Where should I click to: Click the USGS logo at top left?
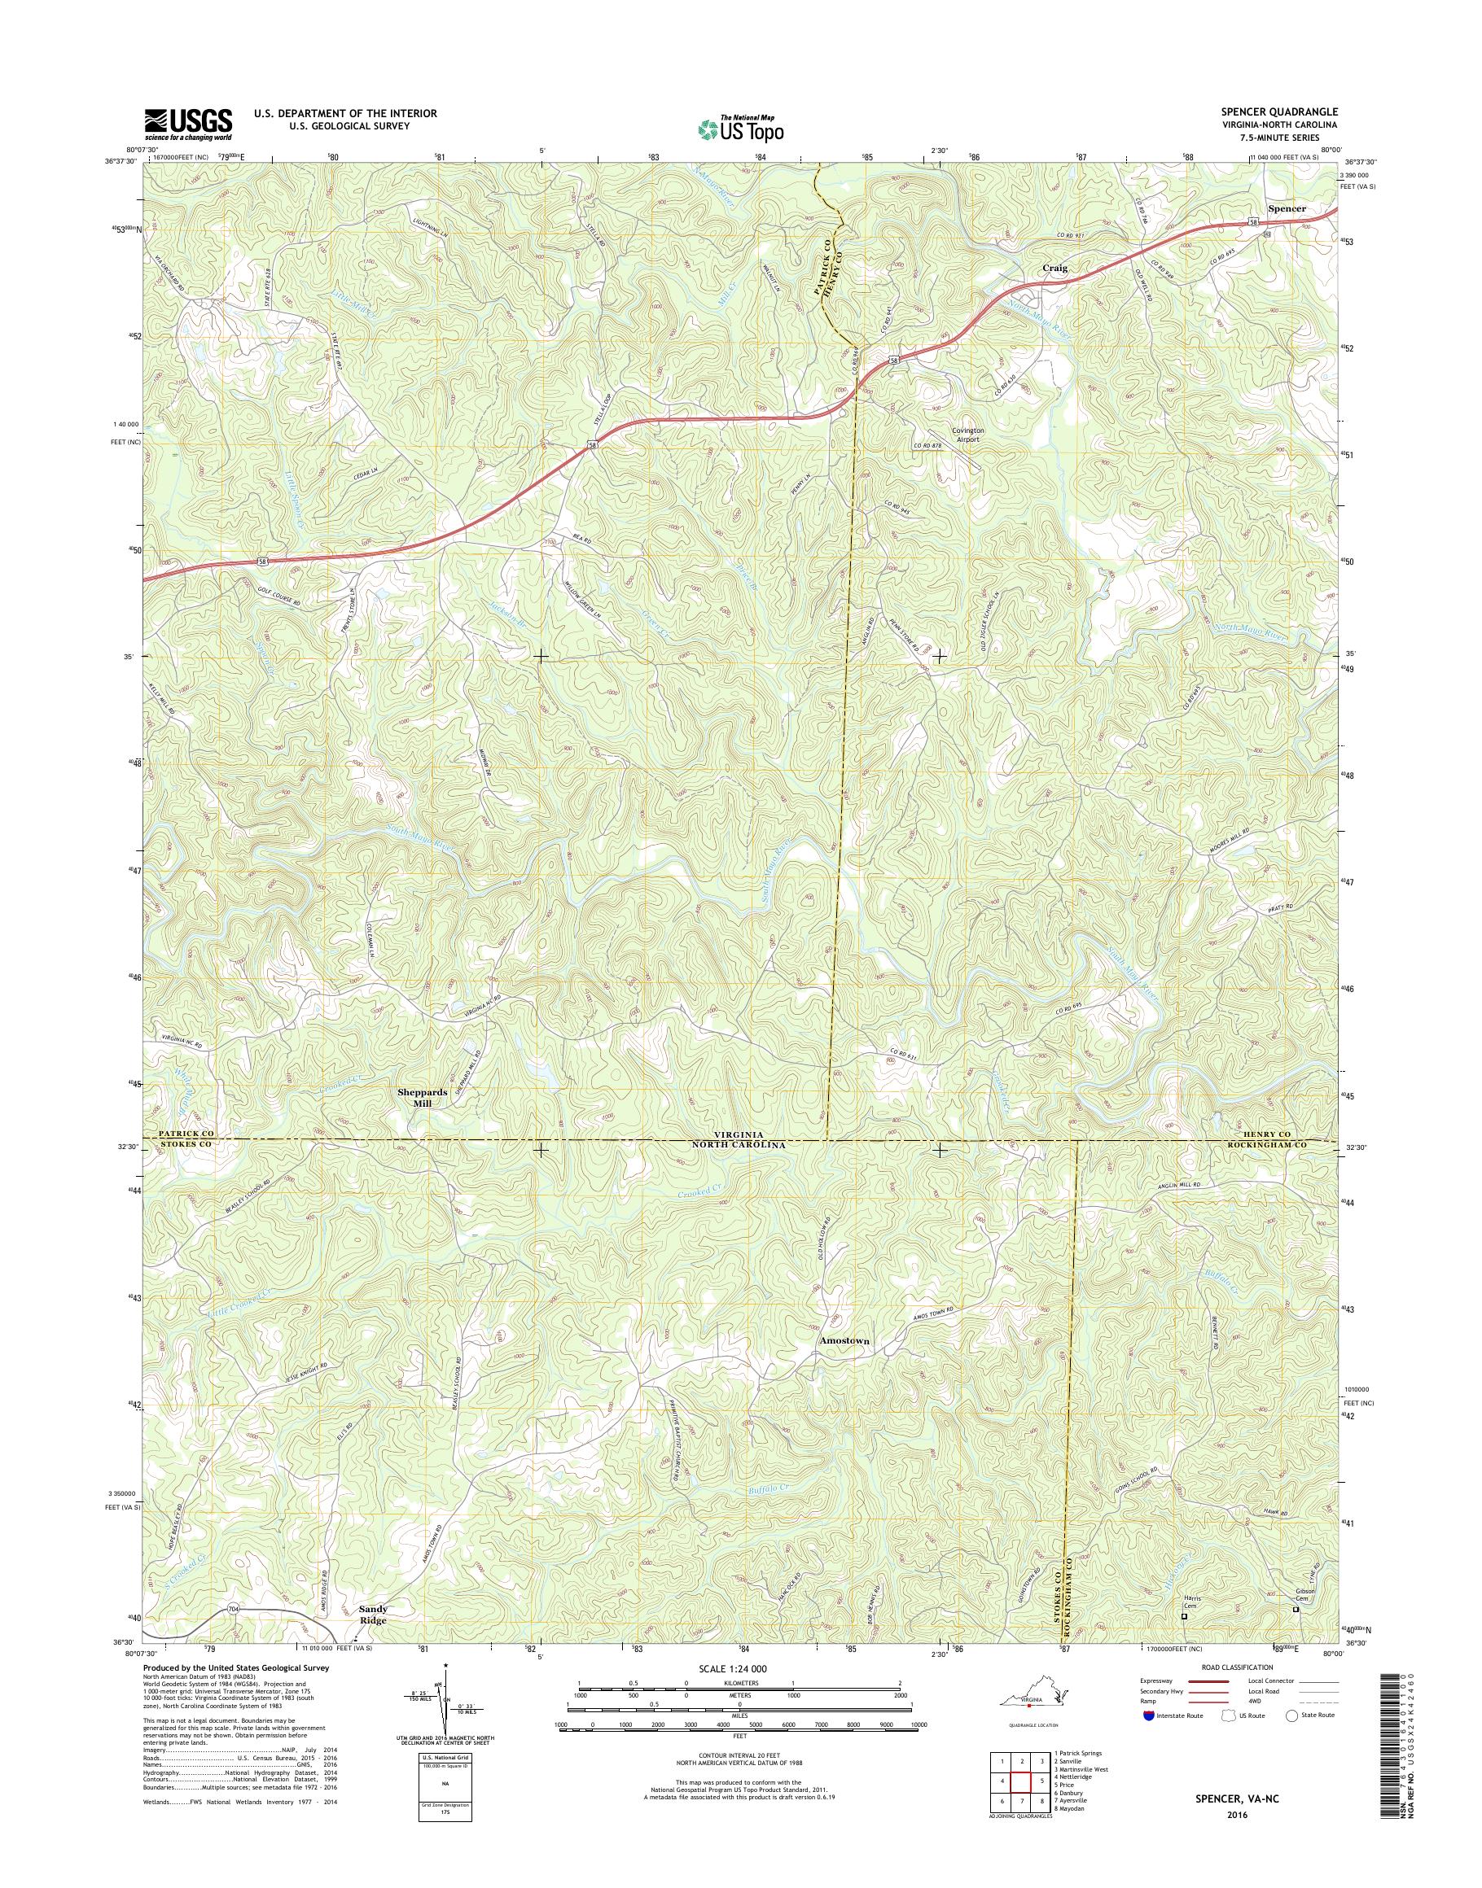pyautogui.click(x=188, y=124)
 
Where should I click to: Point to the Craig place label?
pyautogui.click(x=1054, y=269)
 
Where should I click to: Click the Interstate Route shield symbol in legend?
pyautogui.click(x=1149, y=1715)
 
